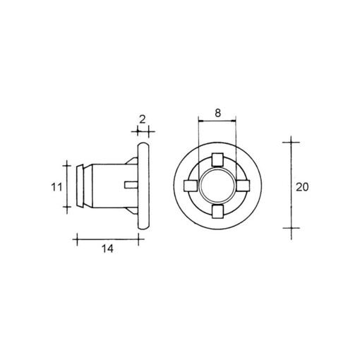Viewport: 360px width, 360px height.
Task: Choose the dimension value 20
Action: click(303, 186)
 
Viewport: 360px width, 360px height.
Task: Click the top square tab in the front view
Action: click(217, 159)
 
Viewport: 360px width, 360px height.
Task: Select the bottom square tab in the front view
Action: click(217, 212)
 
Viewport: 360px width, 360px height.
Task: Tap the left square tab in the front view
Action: click(190, 186)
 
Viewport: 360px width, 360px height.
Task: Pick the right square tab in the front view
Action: click(244, 186)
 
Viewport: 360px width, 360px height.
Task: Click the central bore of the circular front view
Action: click(217, 186)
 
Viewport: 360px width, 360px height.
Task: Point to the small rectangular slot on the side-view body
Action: click(129, 186)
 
